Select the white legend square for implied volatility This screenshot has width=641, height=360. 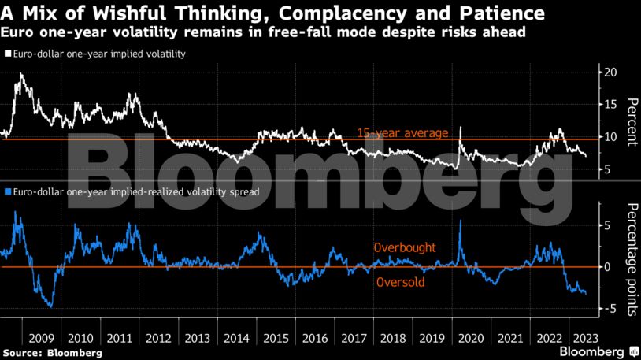click(7, 54)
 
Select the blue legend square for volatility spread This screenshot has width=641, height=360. click(7, 191)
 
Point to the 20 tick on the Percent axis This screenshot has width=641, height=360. click(610, 72)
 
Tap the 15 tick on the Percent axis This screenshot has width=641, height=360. click(610, 104)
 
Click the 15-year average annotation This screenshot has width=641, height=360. click(402, 132)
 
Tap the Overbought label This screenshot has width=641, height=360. click(405, 248)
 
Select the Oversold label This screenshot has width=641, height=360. click(402, 281)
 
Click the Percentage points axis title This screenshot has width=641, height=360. click(630, 258)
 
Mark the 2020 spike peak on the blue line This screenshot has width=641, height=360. click(461, 221)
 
